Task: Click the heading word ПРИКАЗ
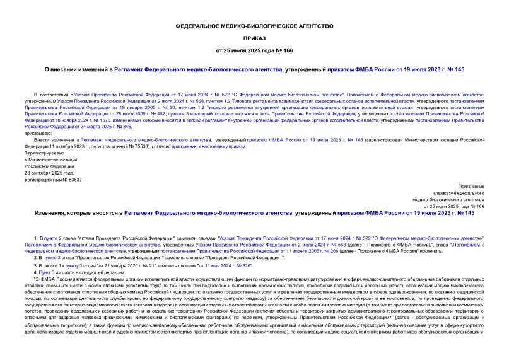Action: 254,37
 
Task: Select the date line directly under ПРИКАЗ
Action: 254,50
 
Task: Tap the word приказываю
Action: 39,133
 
